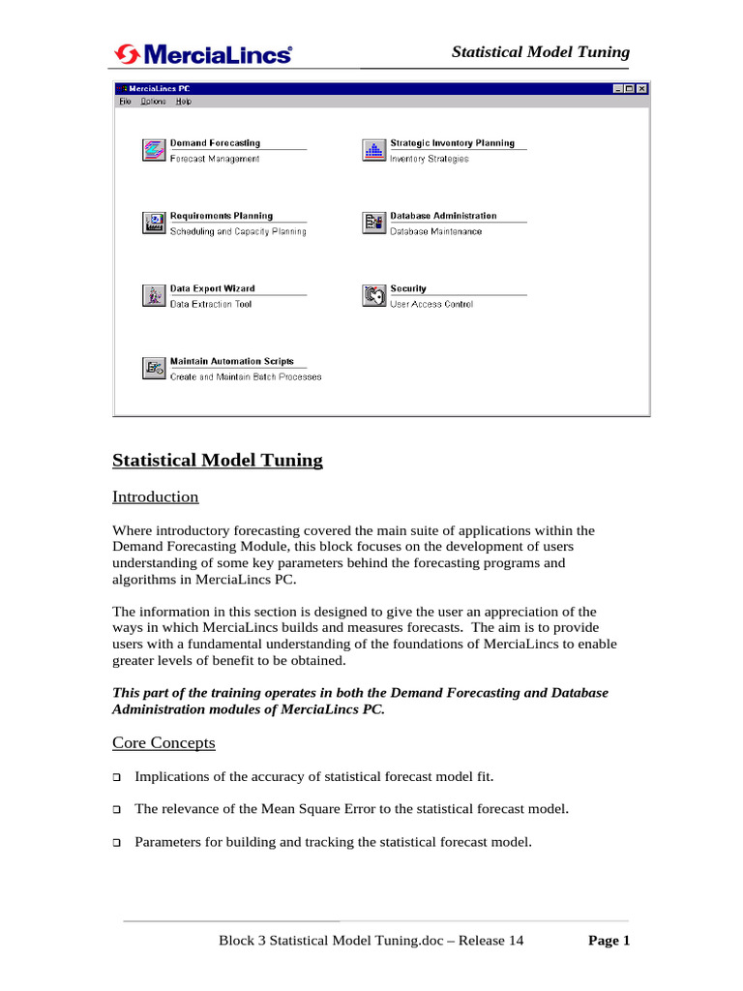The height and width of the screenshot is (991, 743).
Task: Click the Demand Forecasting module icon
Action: pyautogui.click(x=154, y=150)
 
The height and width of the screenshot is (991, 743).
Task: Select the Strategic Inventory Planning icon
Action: pyautogui.click(x=373, y=150)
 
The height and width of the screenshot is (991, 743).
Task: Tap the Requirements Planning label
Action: pyautogui.click(x=222, y=216)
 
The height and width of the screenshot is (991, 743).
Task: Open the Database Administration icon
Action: pyautogui.click(x=373, y=223)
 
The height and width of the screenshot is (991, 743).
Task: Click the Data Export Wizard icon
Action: pyautogui.click(x=154, y=295)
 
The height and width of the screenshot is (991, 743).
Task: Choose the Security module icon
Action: pyautogui.click(x=373, y=295)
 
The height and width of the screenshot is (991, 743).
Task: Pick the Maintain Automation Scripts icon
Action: pyautogui.click(x=154, y=368)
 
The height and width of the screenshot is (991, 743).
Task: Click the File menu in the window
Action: pyautogui.click(x=124, y=102)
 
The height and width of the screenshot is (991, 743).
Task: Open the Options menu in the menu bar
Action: pyautogui.click(x=153, y=102)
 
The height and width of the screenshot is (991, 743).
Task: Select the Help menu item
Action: pyautogui.click(x=184, y=102)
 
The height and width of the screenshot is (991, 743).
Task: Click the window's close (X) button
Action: pyautogui.click(x=641, y=89)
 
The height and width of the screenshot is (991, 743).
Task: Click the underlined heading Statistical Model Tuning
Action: pyautogui.click(x=218, y=461)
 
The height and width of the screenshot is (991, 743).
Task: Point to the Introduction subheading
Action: pyautogui.click(x=156, y=497)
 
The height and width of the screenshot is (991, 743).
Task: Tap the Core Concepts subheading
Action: pyautogui.click(x=163, y=743)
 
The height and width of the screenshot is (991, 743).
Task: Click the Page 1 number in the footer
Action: pyautogui.click(x=609, y=941)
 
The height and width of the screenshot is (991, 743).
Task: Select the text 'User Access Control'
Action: pyautogui.click(x=431, y=305)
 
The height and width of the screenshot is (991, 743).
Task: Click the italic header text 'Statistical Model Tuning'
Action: pyautogui.click(x=541, y=53)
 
